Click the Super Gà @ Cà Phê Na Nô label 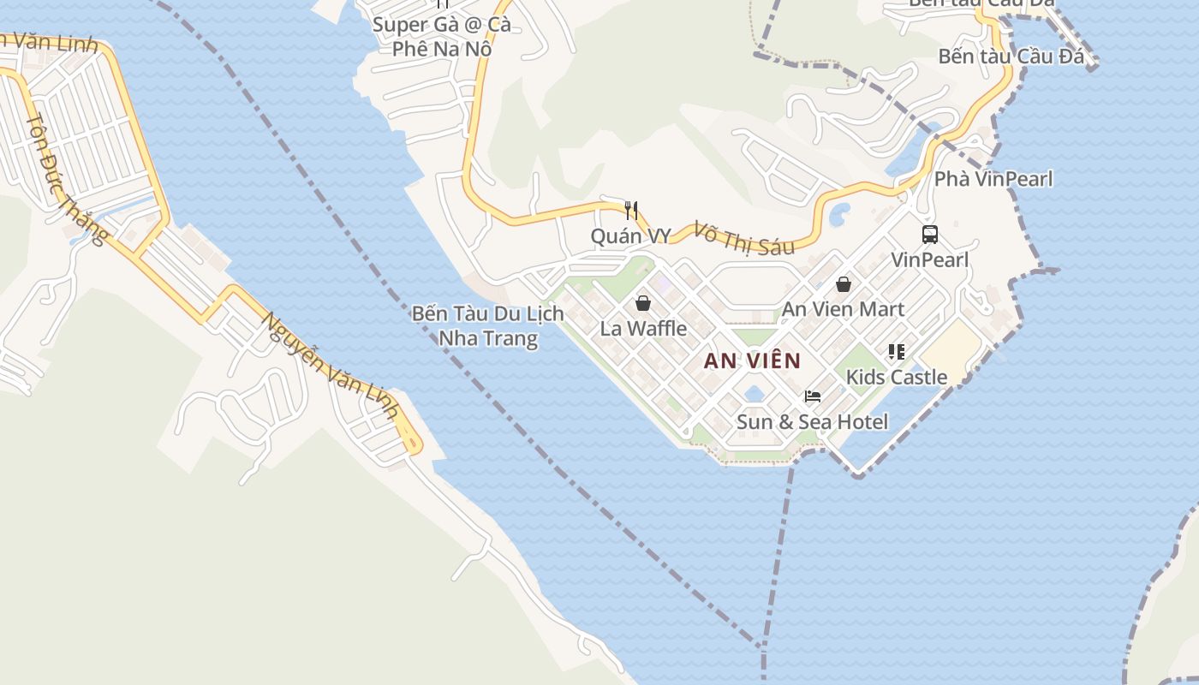coord(441,37)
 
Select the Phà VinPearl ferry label coord(993,179)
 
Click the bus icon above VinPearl coord(929,234)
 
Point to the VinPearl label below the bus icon coord(929,259)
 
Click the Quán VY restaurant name coord(630,236)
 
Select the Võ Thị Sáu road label coord(743,239)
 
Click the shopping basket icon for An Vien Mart coord(844,284)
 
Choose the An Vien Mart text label coord(843,309)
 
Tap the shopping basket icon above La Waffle coord(643,303)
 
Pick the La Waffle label coord(643,328)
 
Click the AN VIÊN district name coord(752,360)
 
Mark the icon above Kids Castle coord(897,352)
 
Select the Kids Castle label coord(897,377)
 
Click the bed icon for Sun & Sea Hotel coord(812,396)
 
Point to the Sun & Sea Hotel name coord(812,421)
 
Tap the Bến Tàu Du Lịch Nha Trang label coord(487,325)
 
